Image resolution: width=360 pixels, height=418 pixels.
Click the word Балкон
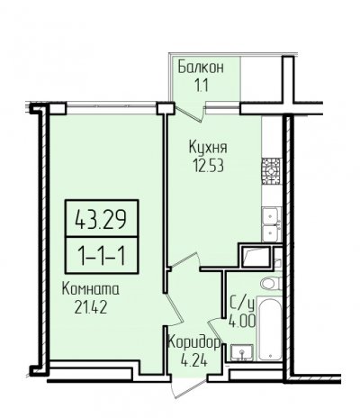(x=201, y=67)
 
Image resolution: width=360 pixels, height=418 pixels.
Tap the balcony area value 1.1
(x=202, y=86)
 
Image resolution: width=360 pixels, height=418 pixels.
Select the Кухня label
(x=208, y=148)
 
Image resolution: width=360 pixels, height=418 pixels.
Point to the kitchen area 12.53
(x=209, y=166)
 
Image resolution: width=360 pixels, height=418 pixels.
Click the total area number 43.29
(x=101, y=219)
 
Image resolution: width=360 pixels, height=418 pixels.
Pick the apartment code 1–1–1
(x=102, y=256)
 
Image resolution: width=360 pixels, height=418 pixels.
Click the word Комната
(x=91, y=289)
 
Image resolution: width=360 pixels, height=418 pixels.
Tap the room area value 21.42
(x=91, y=308)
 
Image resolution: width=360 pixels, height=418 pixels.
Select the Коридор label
(x=194, y=343)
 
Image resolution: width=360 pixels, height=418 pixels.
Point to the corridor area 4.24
(x=193, y=360)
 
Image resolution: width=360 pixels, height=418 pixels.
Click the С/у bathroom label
(x=242, y=304)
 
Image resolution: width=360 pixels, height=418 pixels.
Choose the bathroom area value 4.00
(x=242, y=321)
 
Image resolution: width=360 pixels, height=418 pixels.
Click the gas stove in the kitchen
(x=271, y=171)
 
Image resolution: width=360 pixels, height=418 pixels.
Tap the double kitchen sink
(x=271, y=224)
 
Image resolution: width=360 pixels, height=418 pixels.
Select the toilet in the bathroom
(x=271, y=284)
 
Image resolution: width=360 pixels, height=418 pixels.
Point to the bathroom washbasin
(x=242, y=352)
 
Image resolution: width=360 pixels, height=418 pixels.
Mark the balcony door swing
(x=190, y=114)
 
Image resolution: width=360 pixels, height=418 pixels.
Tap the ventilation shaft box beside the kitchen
(x=256, y=256)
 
